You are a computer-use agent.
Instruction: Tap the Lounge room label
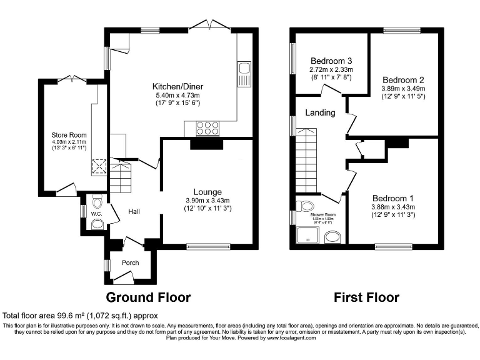(x=207, y=191)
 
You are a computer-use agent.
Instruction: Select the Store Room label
(x=69, y=134)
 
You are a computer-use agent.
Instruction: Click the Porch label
(x=130, y=262)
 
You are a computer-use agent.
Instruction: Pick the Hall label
(x=134, y=212)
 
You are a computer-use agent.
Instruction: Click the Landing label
(x=320, y=113)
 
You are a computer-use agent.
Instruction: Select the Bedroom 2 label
(x=403, y=80)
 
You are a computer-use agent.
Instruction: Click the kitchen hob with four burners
(x=207, y=128)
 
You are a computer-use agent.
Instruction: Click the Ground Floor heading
(x=148, y=297)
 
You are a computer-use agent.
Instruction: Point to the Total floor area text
(x=81, y=316)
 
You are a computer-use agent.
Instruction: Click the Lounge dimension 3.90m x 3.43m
(x=207, y=200)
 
